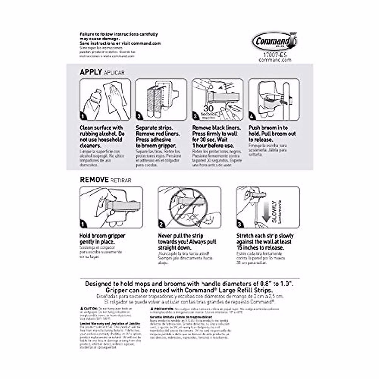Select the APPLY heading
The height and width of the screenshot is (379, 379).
coord(91,72)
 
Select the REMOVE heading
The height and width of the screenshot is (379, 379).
coord(94,180)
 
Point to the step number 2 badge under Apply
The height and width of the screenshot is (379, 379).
coord(139,117)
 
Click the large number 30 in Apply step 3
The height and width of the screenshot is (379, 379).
coord(208,108)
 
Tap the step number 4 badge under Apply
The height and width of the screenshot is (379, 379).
coord(252,117)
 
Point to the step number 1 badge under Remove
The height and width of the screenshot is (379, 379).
coord(83,224)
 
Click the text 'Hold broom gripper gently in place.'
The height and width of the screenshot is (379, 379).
coord(102,239)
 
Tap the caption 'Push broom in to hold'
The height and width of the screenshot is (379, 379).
coord(268,131)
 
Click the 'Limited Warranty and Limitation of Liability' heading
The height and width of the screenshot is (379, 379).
coord(109,324)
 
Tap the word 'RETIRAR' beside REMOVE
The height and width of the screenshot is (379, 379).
coord(121,180)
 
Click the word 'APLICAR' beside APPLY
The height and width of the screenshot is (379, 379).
coord(114,73)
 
